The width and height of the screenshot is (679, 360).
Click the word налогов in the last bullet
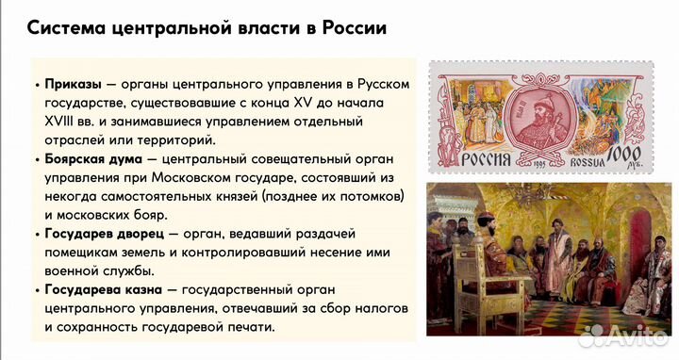(x=376, y=308)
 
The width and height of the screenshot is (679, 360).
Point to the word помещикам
(x=88, y=252)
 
